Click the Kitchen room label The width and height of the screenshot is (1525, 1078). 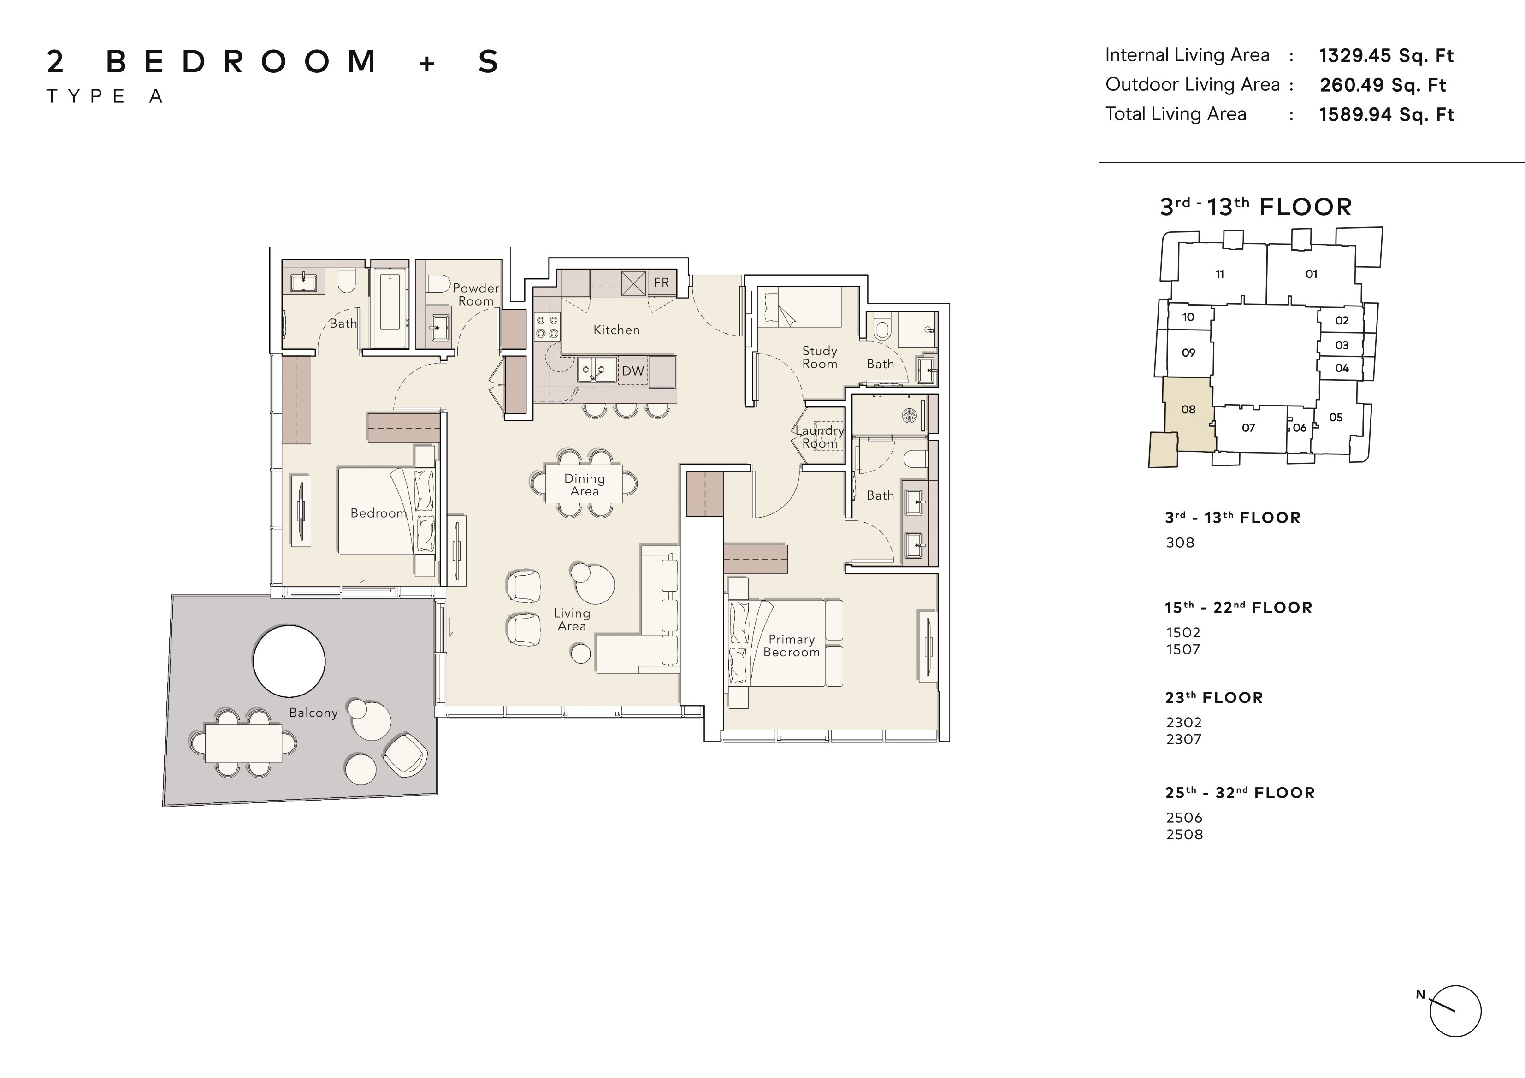pos(616,330)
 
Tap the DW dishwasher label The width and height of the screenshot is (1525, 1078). pos(633,371)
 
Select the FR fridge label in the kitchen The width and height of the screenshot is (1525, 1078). pos(661,282)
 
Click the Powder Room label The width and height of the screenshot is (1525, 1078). pos(476,294)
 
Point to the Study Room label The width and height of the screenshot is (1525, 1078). pos(820,357)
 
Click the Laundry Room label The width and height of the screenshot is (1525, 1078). pos(820,437)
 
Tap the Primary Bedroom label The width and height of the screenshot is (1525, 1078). pos(791,646)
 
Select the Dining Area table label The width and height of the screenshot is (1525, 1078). pos(585,485)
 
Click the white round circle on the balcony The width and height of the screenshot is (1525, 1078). pos(289,661)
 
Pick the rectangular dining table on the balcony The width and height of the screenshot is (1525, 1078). pos(243,742)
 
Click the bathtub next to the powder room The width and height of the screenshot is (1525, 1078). pos(389,308)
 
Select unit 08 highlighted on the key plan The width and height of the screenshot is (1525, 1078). pos(1188,410)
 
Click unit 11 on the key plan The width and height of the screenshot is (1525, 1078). pos(1219,274)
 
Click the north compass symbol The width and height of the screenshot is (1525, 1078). pos(1454,1011)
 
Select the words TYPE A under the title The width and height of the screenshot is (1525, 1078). pos(105,96)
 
